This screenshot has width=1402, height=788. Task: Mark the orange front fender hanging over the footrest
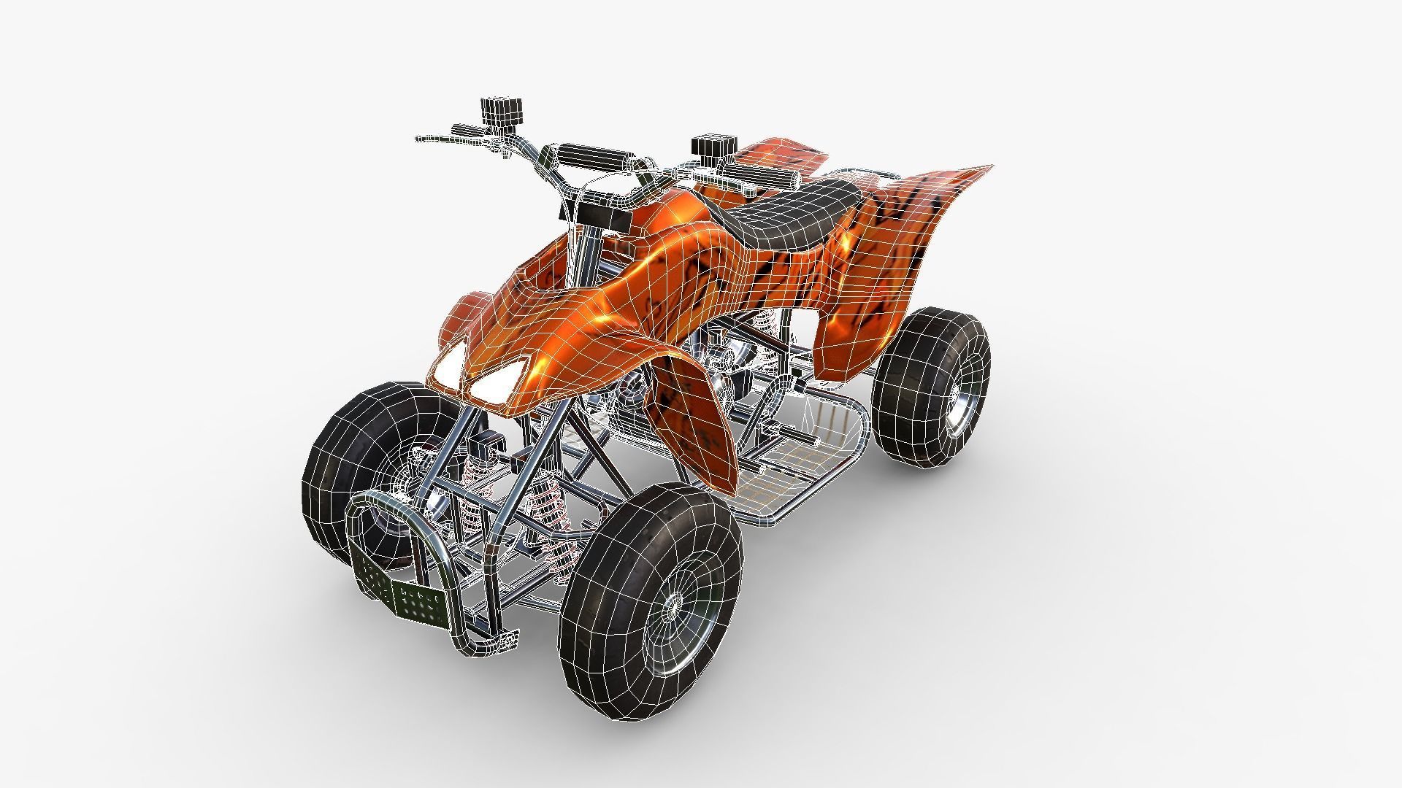coord(694,423)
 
